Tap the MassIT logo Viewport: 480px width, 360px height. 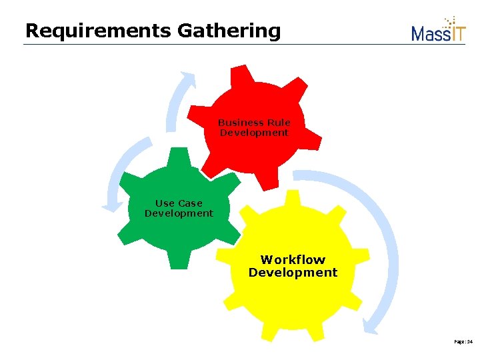pos(438,30)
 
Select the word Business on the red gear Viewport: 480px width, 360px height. pos(241,123)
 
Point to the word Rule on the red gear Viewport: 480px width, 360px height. pos(278,123)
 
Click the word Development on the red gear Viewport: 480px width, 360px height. pos(254,133)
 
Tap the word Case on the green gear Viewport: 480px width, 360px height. pos(190,203)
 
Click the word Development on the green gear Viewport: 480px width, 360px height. pos(179,213)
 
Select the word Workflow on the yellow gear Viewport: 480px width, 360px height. pos(293,259)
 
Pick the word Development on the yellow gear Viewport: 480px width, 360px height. pos(293,272)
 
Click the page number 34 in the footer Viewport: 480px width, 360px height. pos(469,341)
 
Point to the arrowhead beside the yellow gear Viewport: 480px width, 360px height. pos(372,325)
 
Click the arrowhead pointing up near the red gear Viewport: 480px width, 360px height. pos(189,79)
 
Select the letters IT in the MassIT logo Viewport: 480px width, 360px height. pos(458,32)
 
